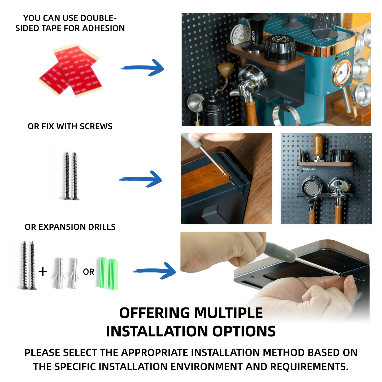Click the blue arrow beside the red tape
142,68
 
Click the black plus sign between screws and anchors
43,272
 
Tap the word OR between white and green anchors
88,272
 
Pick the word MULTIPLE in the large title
228,313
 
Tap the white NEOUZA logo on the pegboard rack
309,169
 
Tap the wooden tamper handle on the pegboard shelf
318,145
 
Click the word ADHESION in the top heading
103,28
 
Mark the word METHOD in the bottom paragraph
284,353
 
